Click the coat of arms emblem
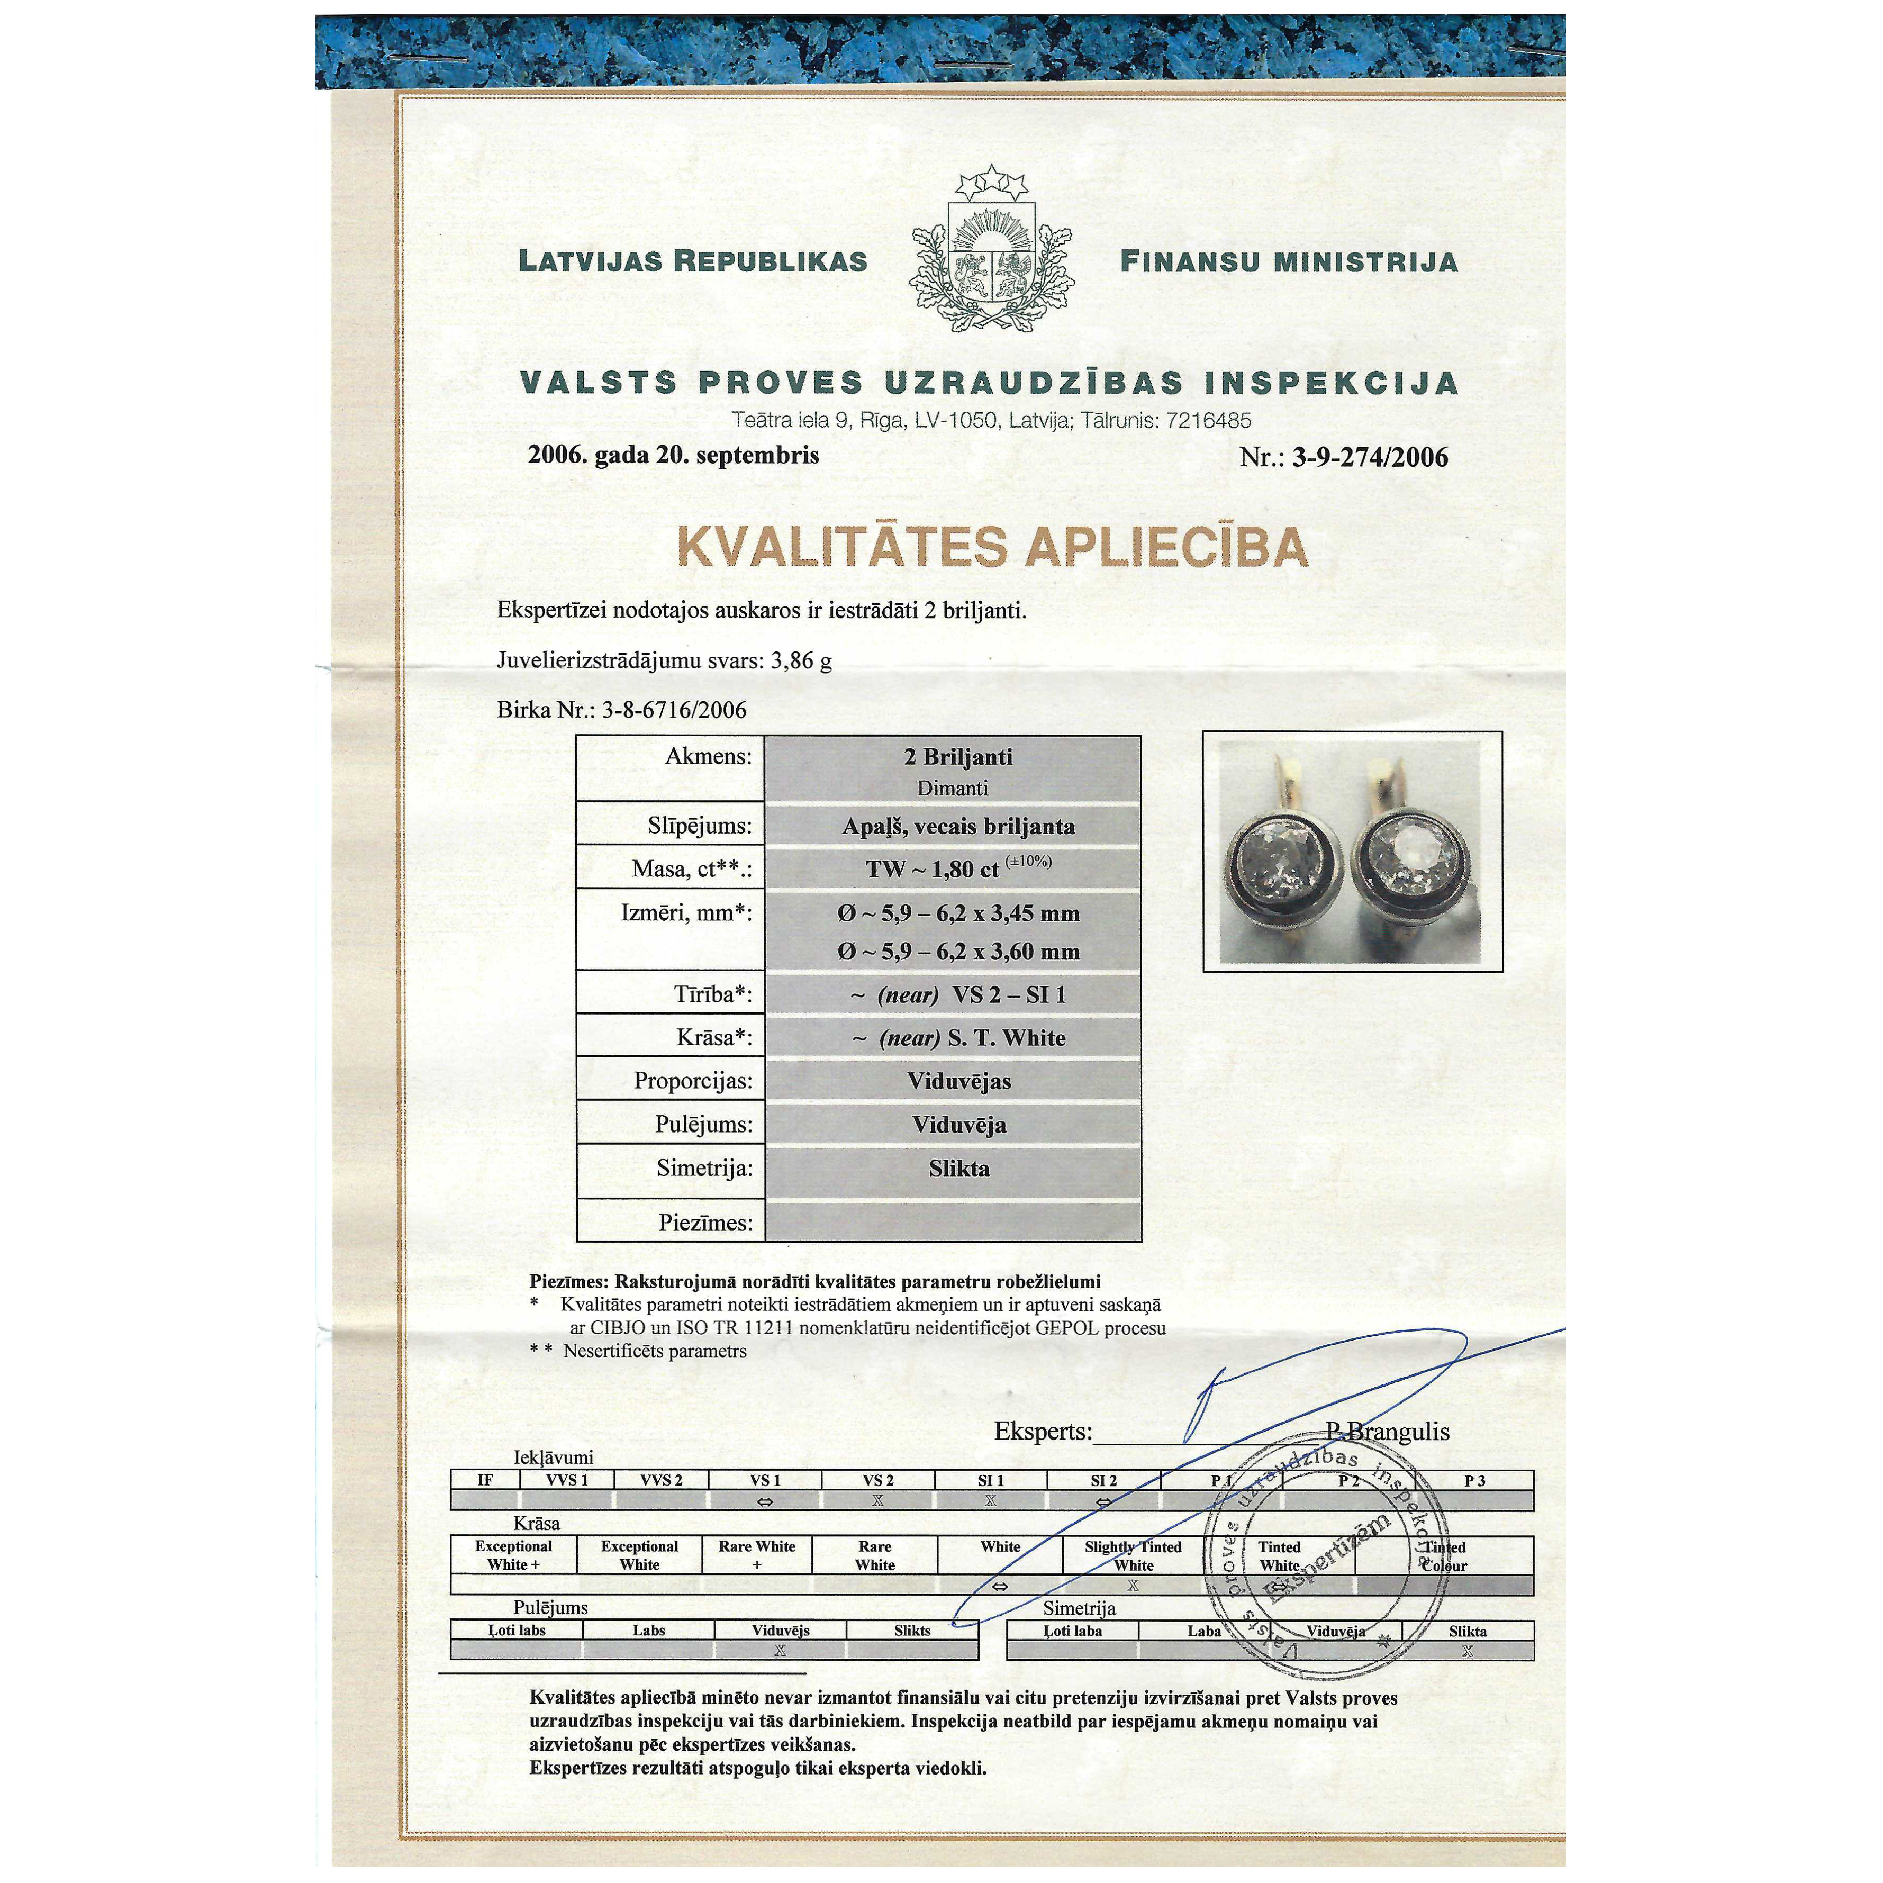992,251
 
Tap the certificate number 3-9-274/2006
1369,457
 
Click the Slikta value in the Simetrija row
958,1169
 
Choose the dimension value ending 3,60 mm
958,951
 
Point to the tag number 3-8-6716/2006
674,710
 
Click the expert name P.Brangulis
1387,1432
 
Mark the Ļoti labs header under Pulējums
517,1631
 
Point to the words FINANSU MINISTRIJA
1289,261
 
